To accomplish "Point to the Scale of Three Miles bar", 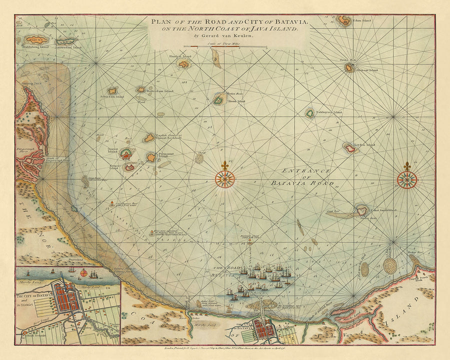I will [225, 47].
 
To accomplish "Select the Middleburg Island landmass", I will [36, 39].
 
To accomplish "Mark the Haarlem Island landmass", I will [183, 64].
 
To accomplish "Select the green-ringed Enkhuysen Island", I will [310, 113].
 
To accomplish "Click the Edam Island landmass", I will [344, 21].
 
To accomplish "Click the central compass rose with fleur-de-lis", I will [225, 178].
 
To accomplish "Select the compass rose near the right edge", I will [407, 178].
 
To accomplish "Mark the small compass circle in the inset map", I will [93, 273].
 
